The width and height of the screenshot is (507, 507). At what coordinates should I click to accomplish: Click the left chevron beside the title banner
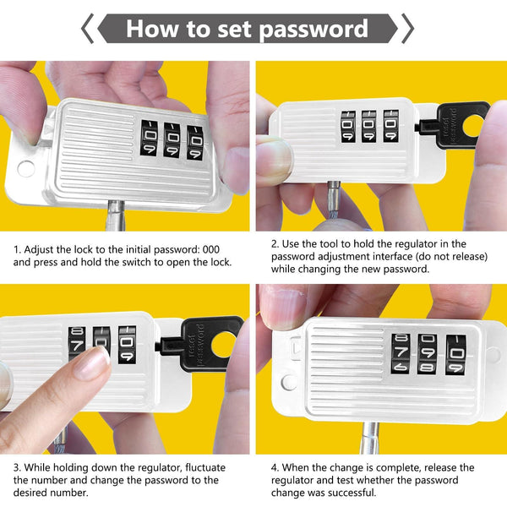coord(88,29)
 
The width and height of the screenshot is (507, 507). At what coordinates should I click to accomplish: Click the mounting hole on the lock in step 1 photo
coord(26,167)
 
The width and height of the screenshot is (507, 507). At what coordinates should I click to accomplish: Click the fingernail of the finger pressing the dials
coord(92,362)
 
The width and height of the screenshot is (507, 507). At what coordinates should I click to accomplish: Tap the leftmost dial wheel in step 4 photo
coord(402,356)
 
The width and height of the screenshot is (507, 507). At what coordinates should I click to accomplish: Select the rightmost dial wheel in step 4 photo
coord(454,356)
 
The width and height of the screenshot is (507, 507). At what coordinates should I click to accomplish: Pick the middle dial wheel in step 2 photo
coord(369,127)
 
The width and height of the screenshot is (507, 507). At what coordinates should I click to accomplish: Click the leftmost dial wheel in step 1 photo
coord(150,140)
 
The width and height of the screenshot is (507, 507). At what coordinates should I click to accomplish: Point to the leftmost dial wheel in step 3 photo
coord(77,346)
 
